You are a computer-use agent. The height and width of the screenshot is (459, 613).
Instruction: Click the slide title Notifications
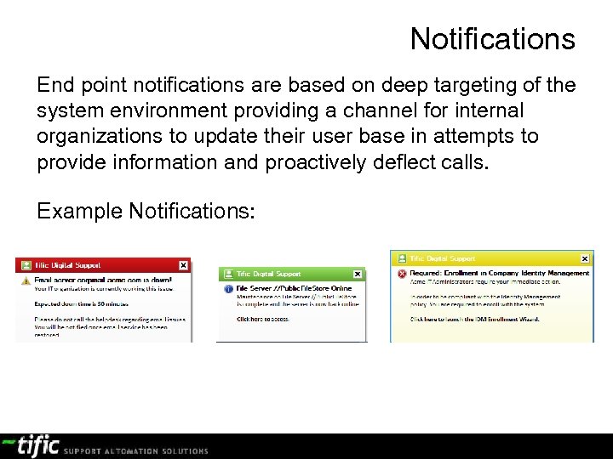click(492, 39)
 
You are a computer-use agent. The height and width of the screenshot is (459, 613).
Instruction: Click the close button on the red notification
click(182, 265)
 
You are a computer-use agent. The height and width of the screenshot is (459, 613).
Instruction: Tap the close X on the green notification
click(358, 274)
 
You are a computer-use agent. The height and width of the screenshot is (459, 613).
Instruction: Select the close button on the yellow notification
click(585, 258)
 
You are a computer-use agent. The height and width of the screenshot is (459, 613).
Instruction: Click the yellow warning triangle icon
click(25, 280)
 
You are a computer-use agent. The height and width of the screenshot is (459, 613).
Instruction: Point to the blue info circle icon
click(228, 289)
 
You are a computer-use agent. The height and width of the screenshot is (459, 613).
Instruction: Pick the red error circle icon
click(401, 273)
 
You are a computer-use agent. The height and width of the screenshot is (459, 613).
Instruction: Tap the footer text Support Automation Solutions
click(136, 450)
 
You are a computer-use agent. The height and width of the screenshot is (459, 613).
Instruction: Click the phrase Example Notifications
click(146, 211)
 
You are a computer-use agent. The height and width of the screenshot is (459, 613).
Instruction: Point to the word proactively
click(316, 162)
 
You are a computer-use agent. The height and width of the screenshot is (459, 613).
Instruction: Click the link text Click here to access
click(263, 319)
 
